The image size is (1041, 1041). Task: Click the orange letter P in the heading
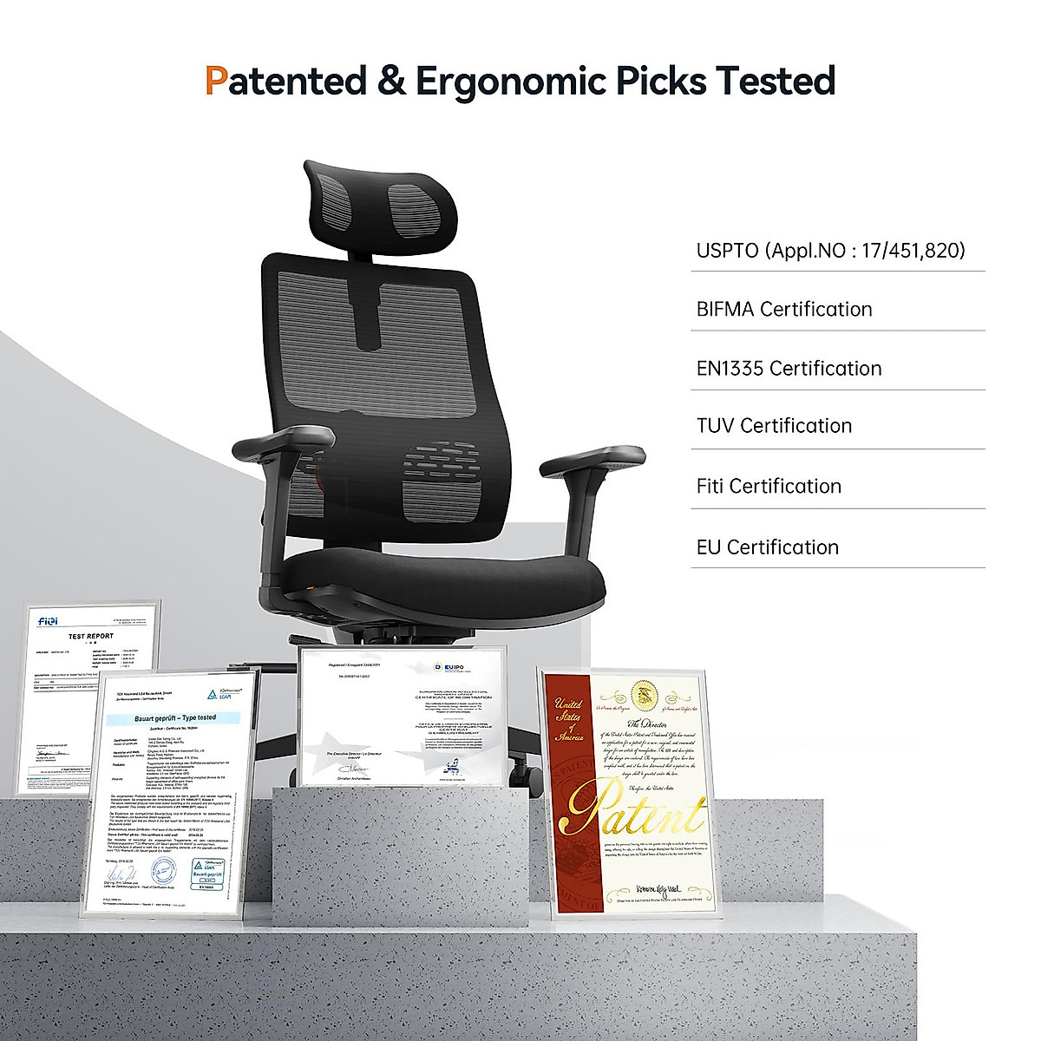click(216, 81)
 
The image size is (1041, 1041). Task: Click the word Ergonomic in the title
click(509, 82)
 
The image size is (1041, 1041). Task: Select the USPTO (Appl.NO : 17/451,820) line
click(830, 251)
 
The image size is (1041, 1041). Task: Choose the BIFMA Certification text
click(784, 310)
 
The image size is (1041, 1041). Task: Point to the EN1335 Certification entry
click(789, 369)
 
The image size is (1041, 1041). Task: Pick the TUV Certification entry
click(774, 426)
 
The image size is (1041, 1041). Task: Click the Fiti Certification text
click(769, 486)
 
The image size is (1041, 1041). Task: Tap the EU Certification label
click(767, 547)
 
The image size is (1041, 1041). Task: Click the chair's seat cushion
click(442, 577)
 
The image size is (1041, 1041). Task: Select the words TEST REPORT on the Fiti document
click(91, 636)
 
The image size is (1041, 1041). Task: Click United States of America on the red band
click(569, 719)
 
